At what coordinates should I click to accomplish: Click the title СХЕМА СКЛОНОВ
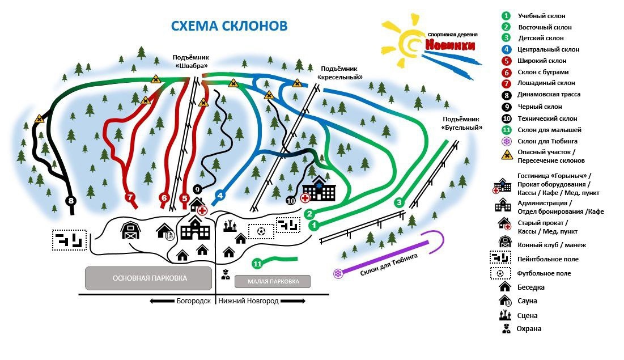tap(229, 26)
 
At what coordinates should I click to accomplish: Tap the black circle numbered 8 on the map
tap(71, 200)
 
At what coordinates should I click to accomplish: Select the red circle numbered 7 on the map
tap(130, 198)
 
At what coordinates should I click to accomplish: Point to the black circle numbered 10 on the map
tap(291, 200)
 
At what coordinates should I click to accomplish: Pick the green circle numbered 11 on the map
tap(257, 264)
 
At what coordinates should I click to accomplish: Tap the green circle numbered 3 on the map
tap(399, 202)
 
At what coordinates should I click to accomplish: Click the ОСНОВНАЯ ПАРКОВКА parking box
tap(150, 278)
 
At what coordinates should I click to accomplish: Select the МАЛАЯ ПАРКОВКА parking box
tap(272, 281)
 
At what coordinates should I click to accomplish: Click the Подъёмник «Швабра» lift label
tap(191, 61)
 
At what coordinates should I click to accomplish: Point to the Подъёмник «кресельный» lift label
tap(340, 72)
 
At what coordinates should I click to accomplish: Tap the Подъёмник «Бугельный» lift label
tap(462, 123)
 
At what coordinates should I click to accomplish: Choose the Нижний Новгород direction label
tap(248, 301)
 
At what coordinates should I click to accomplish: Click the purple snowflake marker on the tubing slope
tap(338, 274)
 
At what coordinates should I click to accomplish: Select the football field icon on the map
tap(261, 231)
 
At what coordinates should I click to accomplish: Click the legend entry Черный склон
tap(540, 107)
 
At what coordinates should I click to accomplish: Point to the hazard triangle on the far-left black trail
tap(39, 118)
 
